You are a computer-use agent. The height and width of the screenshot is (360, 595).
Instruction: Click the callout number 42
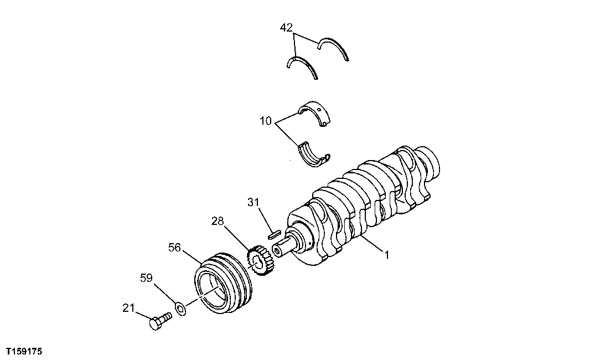(286, 27)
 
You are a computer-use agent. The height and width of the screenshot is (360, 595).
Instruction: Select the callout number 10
(266, 121)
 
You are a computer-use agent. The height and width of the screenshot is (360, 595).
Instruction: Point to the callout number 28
(218, 222)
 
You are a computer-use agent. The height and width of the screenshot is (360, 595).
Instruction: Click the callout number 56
(175, 248)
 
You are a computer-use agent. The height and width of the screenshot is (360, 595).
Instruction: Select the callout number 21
(128, 308)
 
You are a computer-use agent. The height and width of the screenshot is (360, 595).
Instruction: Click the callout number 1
(387, 255)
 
